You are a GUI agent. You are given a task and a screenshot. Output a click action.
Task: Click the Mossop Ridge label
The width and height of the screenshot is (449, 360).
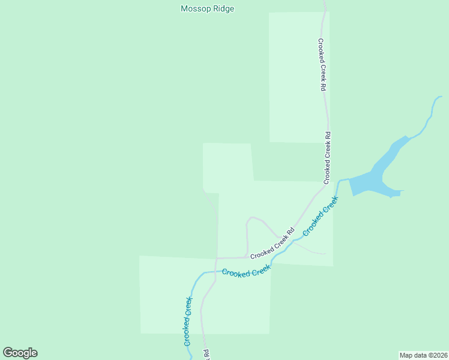(207, 9)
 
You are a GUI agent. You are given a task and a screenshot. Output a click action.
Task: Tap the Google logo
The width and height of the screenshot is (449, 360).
(20, 353)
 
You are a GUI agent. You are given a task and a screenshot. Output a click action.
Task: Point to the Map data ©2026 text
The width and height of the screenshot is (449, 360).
(423, 355)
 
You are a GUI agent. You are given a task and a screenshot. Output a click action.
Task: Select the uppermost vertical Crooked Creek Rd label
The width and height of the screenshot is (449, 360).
(322, 65)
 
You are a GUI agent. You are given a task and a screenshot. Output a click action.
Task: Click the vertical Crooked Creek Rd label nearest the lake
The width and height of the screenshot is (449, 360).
(328, 157)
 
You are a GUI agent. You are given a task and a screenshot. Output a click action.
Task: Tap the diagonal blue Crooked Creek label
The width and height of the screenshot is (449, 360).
(321, 215)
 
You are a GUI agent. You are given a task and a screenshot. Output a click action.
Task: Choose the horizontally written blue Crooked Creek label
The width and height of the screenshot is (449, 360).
(246, 272)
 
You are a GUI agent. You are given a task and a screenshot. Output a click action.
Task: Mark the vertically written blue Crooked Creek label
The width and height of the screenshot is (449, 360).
(188, 321)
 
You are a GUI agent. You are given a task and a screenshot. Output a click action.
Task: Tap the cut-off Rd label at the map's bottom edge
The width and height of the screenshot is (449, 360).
(206, 355)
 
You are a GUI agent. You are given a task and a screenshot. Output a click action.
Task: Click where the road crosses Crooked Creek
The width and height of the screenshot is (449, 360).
(215, 272)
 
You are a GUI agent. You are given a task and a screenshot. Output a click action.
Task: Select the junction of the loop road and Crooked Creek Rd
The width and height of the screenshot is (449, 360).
(247, 256)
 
